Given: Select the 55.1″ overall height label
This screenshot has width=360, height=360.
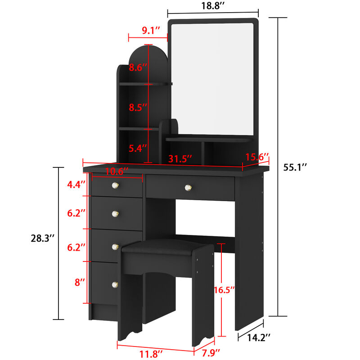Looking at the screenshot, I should click(x=295, y=167).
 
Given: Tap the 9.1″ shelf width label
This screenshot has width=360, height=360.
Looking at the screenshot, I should click(x=151, y=31).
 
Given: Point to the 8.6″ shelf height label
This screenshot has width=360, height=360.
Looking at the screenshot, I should click(x=138, y=68).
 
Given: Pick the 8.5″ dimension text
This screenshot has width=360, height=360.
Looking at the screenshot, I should click(x=138, y=108).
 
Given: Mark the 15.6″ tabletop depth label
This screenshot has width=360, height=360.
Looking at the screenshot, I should click(x=257, y=157).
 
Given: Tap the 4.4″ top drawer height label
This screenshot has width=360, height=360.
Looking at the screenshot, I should click(x=76, y=184).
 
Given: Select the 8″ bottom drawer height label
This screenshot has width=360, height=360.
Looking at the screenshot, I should click(x=80, y=283).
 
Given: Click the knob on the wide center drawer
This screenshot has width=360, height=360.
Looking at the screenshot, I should click(x=188, y=187).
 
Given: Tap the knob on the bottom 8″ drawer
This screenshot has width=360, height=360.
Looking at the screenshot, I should click(x=115, y=284).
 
